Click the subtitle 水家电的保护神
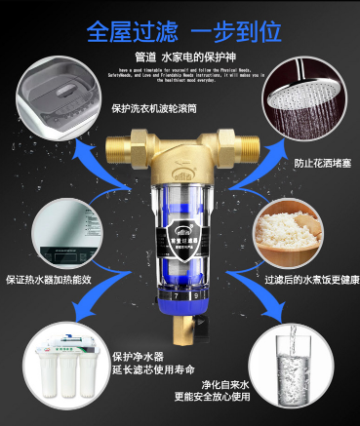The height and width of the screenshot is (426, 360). [196, 55]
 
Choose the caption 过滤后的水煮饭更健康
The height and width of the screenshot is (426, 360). [304, 278]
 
